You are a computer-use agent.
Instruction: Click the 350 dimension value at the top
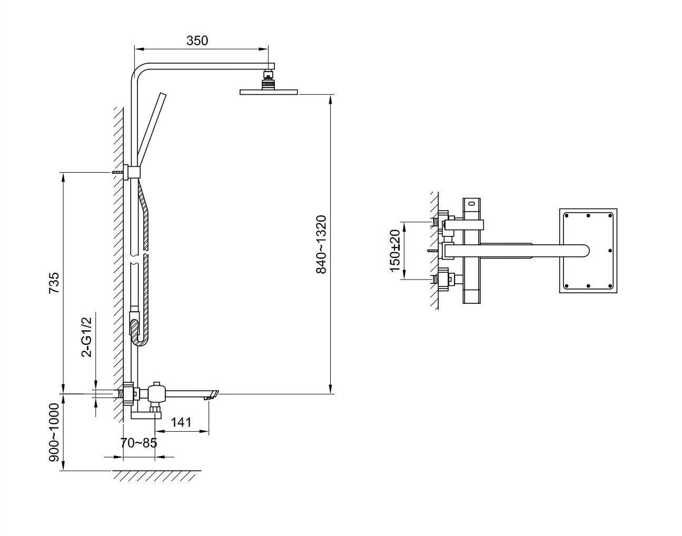(x=197, y=41)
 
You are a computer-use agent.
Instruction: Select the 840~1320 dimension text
(x=321, y=244)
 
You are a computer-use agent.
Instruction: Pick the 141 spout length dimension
(x=181, y=422)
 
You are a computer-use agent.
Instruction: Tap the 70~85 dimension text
(x=139, y=443)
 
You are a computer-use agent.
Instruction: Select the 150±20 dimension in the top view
(x=395, y=251)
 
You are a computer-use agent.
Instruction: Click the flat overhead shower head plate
(x=269, y=92)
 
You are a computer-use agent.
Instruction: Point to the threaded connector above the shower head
(x=268, y=80)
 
